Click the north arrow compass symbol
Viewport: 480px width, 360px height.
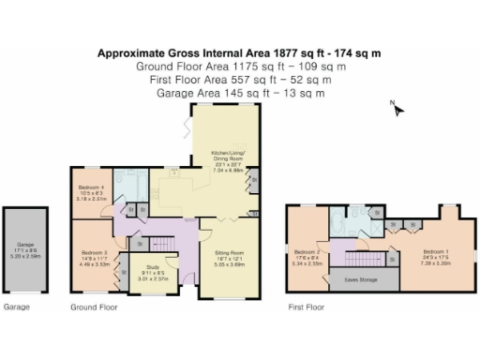(398, 111)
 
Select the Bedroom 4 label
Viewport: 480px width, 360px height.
(90, 193)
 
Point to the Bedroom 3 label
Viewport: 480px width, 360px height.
(94, 257)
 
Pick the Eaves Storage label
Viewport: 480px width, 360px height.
(360, 279)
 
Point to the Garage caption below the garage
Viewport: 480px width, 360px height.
(16, 307)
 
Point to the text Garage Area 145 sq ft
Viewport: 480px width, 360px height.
(240, 93)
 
